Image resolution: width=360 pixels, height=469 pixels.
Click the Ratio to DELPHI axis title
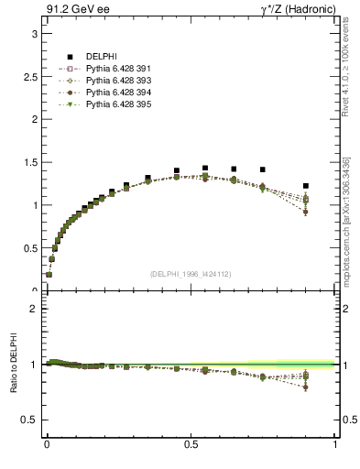click(x=13, y=364)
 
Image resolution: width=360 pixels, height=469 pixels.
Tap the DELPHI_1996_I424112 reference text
click(x=191, y=274)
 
